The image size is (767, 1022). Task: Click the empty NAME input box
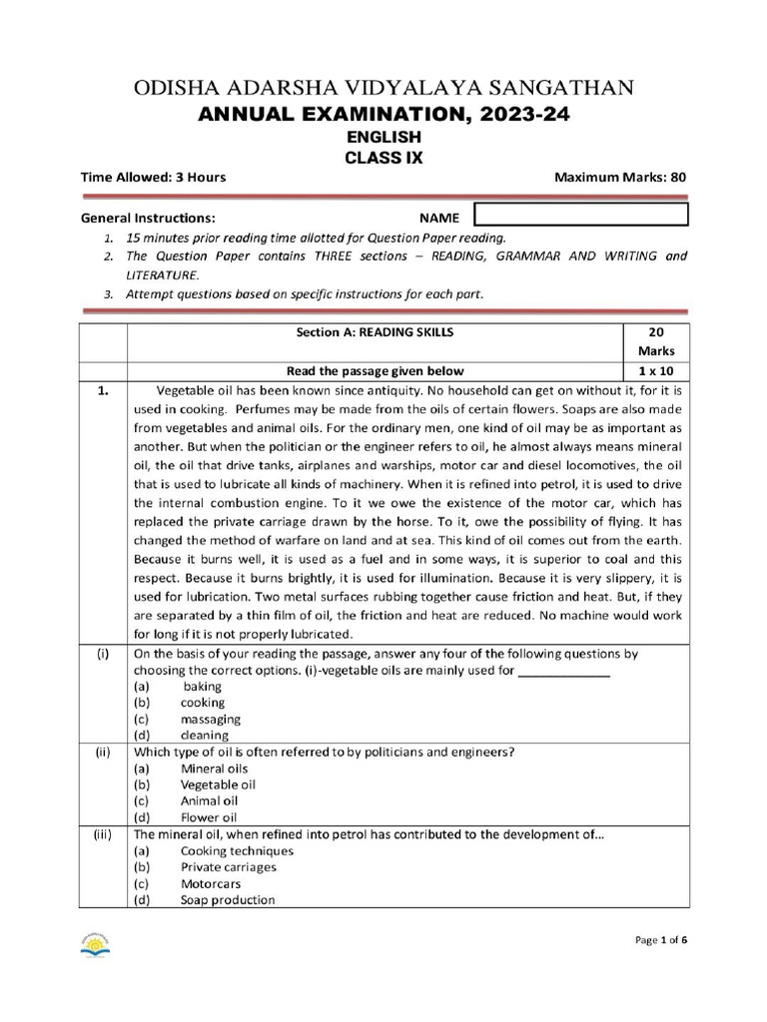[x=580, y=215]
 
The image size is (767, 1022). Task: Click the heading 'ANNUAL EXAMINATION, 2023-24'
[x=383, y=116]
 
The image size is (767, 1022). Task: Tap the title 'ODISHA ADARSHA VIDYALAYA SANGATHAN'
[x=383, y=88]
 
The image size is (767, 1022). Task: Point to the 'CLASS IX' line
[x=383, y=158]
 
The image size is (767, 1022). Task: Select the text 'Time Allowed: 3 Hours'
[x=153, y=178]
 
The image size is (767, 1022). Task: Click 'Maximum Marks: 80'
[x=620, y=178]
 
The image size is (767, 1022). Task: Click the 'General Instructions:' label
[x=148, y=217]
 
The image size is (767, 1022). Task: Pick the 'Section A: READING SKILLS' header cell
[x=375, y=332]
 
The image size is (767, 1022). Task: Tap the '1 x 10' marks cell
[x=655, y=370]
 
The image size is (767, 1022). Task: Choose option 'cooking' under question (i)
[x=203, y=703]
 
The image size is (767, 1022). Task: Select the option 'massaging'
[x=210, y=719]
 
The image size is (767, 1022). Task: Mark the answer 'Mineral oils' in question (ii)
[x=214, y=768]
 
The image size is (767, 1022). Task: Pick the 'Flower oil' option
[x=209, y=817]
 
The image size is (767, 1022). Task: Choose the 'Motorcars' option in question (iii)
[x=211, y=883]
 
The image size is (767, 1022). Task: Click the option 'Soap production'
[x=228, y=899]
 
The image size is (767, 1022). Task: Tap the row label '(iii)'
[x=102, y=834]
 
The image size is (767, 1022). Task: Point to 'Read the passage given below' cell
[x=375, y=370]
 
